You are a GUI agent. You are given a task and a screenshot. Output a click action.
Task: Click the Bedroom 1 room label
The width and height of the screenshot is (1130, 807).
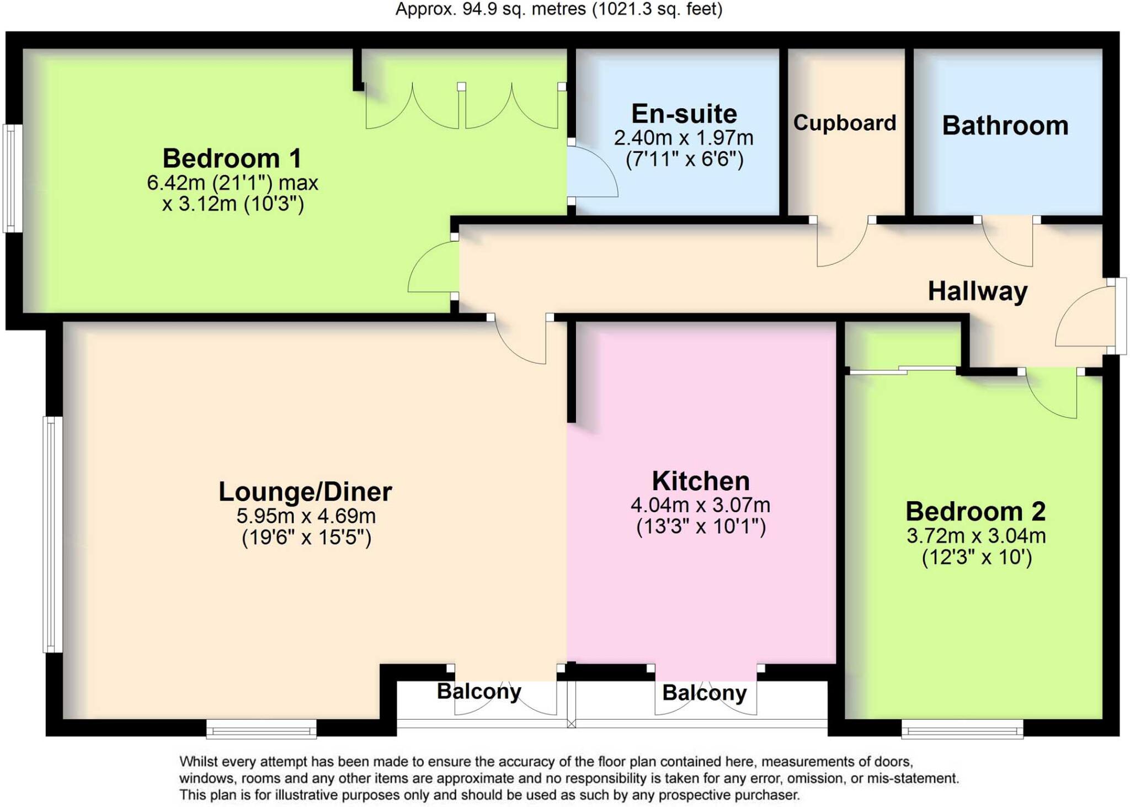pyautogui.click(x=232, y=159)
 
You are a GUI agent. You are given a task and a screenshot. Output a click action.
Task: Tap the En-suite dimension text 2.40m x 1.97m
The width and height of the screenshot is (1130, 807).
pyautogui.click(x=683, y=138)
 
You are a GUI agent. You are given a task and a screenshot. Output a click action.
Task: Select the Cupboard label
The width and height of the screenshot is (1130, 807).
pyautogui.click(x=844, y=123)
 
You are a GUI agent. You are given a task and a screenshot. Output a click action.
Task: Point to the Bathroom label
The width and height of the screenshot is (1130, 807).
pyautogui.click(x=1005, y=126)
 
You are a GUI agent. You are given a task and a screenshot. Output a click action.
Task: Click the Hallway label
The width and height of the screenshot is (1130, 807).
pyautogui.click(x=977, y=291)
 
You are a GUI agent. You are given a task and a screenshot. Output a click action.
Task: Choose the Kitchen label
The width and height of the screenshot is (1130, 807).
pyautogui.click(x=700, y=481)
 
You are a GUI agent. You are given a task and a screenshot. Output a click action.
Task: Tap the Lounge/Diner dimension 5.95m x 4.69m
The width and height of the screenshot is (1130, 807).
pyautogui.click(x=306, y=516)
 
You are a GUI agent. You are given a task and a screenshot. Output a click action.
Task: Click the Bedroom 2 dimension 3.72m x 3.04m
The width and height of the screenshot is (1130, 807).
pyautogui.click(x=976, y=535)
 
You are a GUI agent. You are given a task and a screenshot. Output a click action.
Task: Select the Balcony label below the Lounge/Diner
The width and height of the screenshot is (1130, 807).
pyautogui.click(x=478, y=691)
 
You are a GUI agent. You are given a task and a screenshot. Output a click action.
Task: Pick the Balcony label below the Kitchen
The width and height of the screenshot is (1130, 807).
pyautogui.click(x=704, y=693)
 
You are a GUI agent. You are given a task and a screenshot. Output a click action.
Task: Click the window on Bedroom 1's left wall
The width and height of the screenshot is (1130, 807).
pyautogui.click(x=12, y=178)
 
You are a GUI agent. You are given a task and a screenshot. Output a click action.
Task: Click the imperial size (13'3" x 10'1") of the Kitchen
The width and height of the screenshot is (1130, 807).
pyautogui.click(x=701, y=527)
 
